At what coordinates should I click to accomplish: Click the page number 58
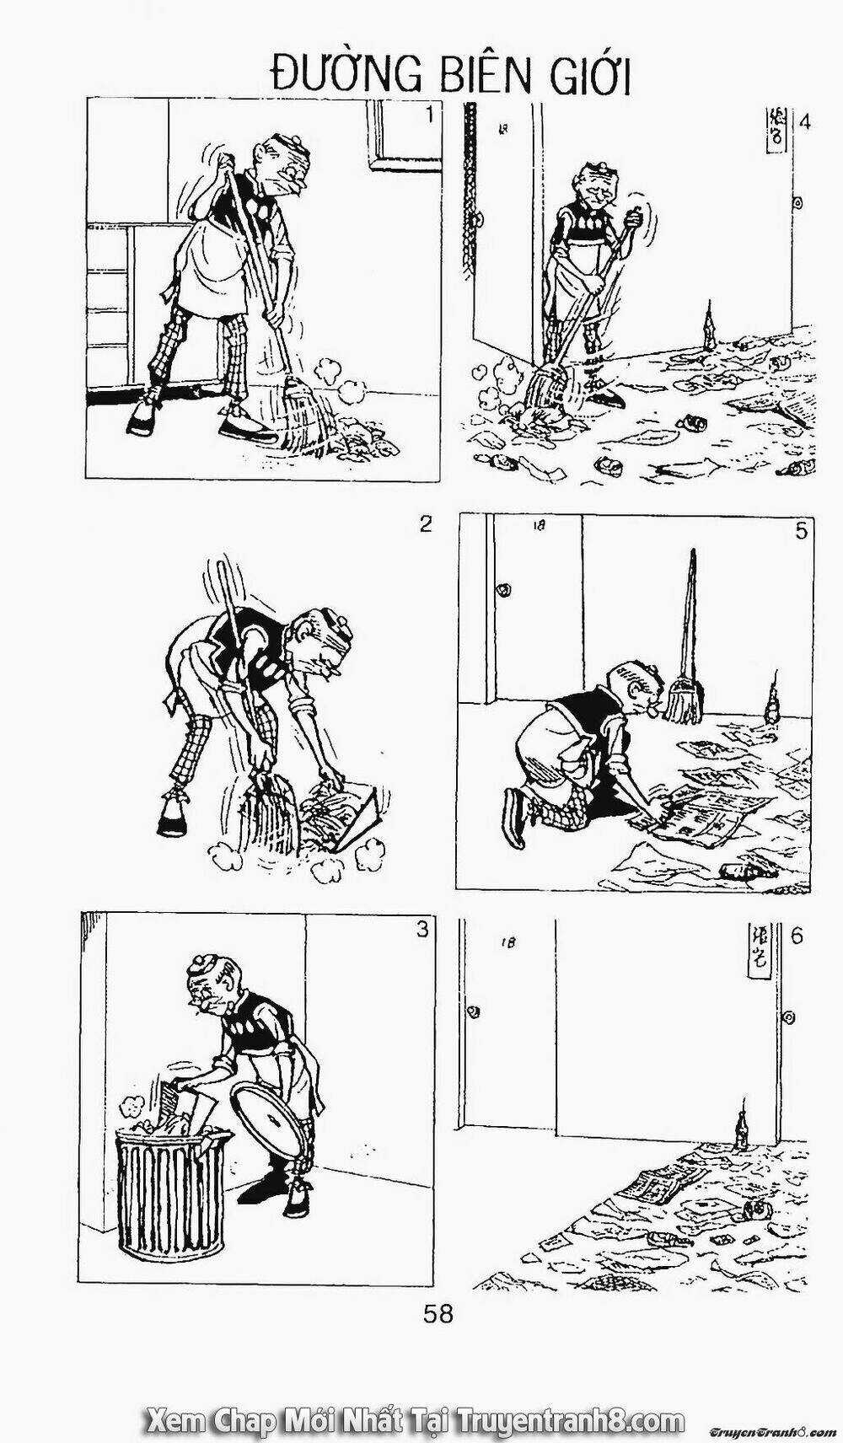point(438,1314)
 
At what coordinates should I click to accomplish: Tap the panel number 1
point(431,115)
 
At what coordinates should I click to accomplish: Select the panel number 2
point(426,524)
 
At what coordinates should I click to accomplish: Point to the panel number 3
point(421,930)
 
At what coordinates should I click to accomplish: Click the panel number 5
point(801,530)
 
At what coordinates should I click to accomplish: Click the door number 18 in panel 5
point(540,527)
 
